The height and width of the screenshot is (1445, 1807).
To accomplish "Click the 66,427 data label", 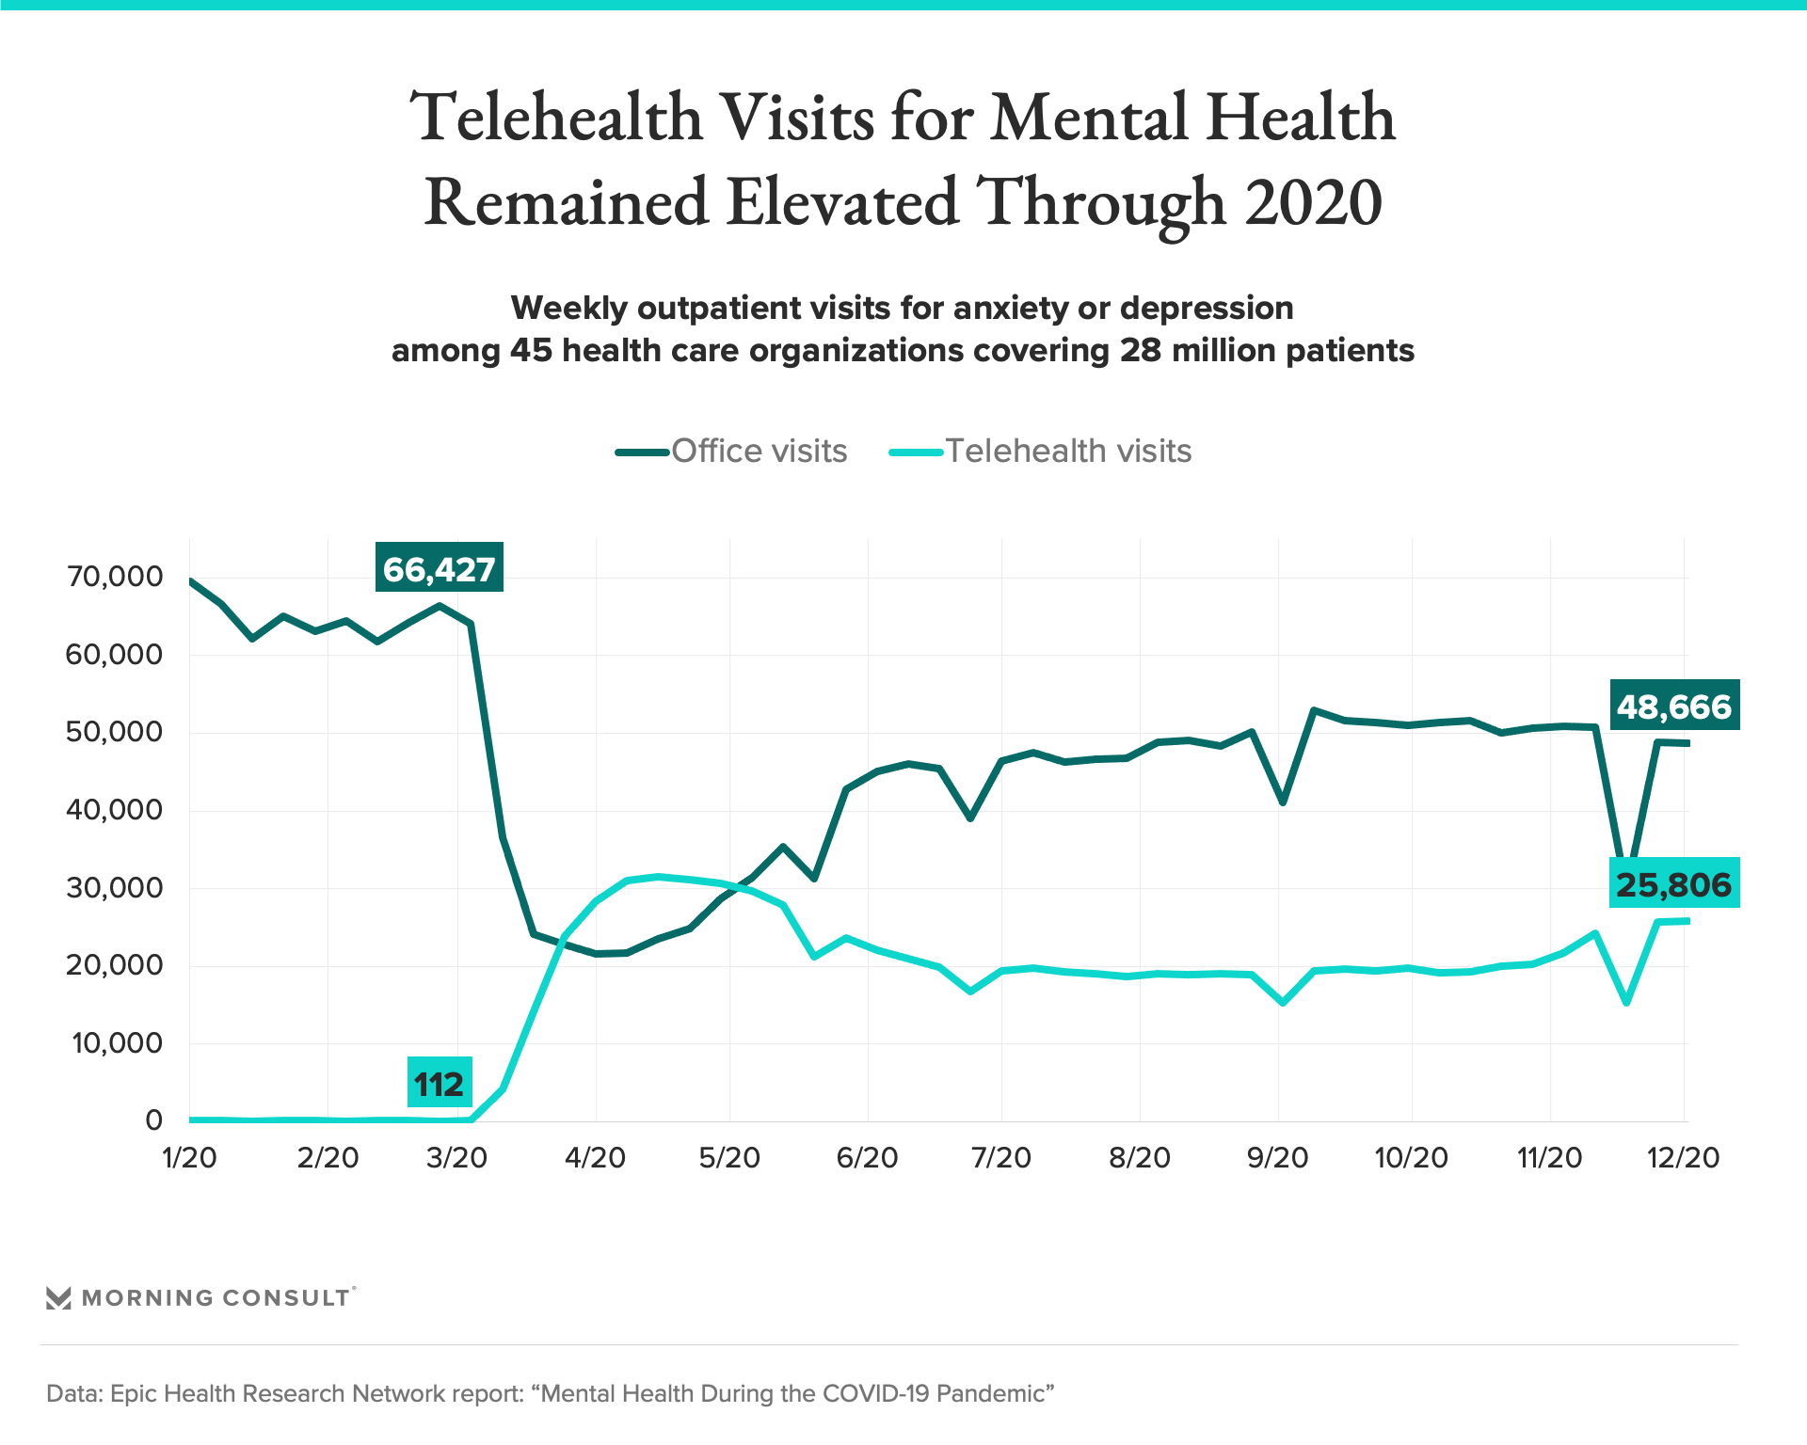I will click(x=439, y=568).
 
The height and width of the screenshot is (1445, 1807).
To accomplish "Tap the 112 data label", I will click(x=439, y=1084).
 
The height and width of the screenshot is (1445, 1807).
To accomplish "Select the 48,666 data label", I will click(x=1674, y=706).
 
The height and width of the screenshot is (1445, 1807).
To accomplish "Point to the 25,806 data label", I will click(x=1674, y=883).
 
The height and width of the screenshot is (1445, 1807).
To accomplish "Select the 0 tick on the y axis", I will click(x=153, y=1119).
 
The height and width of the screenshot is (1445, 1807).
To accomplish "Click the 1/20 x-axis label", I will click(x=189, y=1157).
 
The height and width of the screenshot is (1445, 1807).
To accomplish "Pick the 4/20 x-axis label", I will click(x=595, y=1157).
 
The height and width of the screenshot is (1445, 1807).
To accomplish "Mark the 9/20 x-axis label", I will click(x=1277, y=1157).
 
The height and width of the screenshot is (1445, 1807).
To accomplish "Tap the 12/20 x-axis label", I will click(x=1683, y=1157).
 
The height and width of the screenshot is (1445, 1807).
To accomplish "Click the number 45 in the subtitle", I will click(x=531, y=351).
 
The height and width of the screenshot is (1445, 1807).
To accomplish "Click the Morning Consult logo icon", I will click(x=58, y=1298).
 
